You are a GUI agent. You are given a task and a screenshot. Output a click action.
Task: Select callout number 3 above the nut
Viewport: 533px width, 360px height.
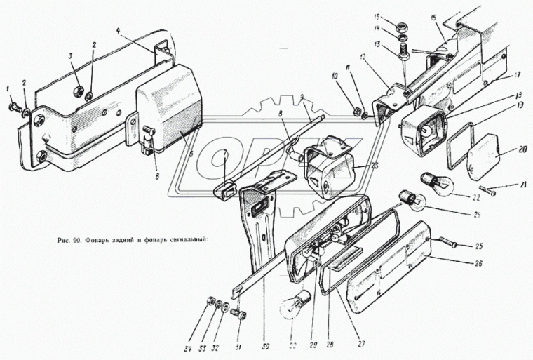point(71,55)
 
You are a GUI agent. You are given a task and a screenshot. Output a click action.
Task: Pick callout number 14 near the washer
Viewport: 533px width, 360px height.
point(396,29)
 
